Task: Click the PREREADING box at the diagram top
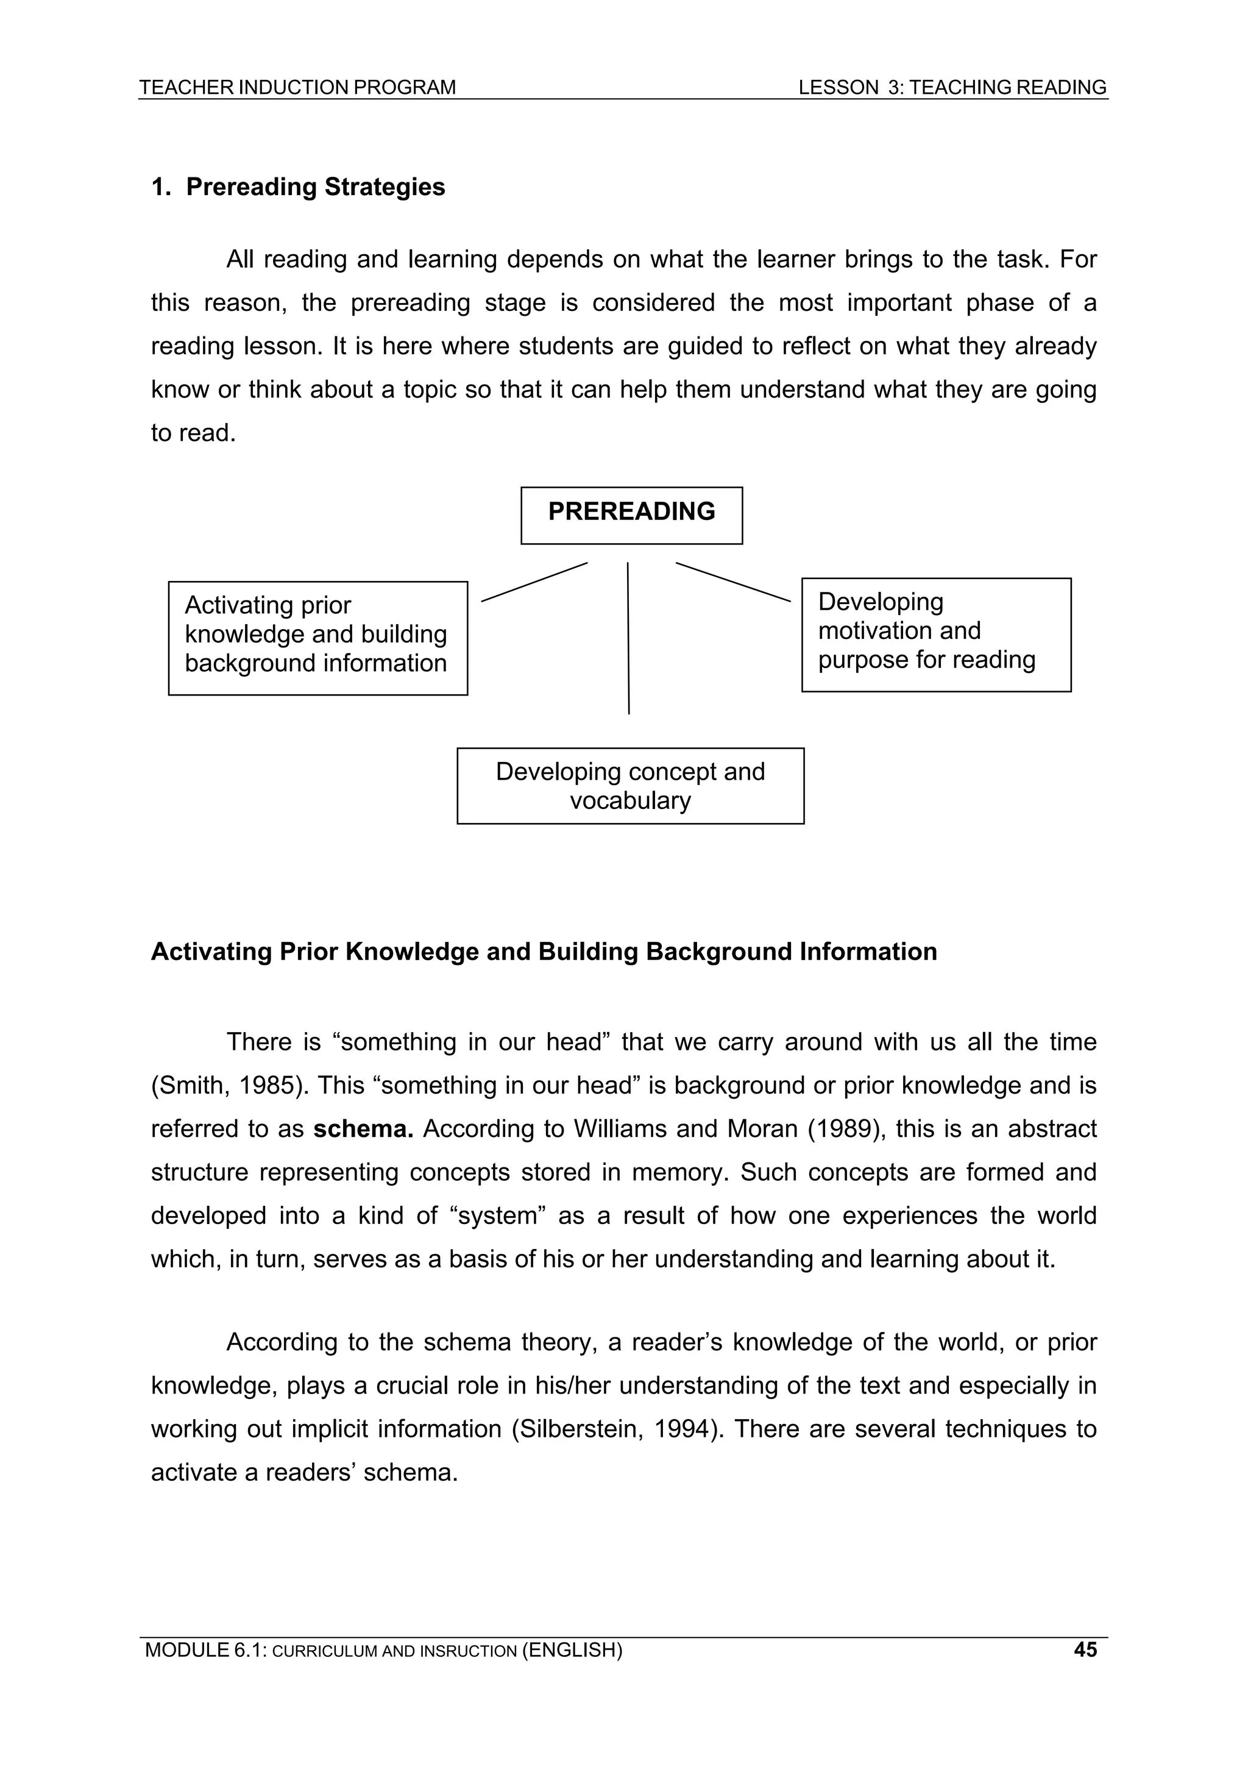(x=631, y=514)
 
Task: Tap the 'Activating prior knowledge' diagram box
(x=317, y=638)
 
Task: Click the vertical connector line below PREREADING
(x=628, y=638)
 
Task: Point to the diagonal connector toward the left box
(x=534, y=582)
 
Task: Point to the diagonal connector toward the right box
(x=733, y=582)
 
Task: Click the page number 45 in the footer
(x=1085, y=1649)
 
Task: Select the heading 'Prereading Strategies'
(x=315, y=187)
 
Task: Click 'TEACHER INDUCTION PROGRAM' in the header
(x=297, y=88)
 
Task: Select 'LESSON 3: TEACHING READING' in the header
(x=952, y=88)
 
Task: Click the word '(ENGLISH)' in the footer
(x=572, y=1650)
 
